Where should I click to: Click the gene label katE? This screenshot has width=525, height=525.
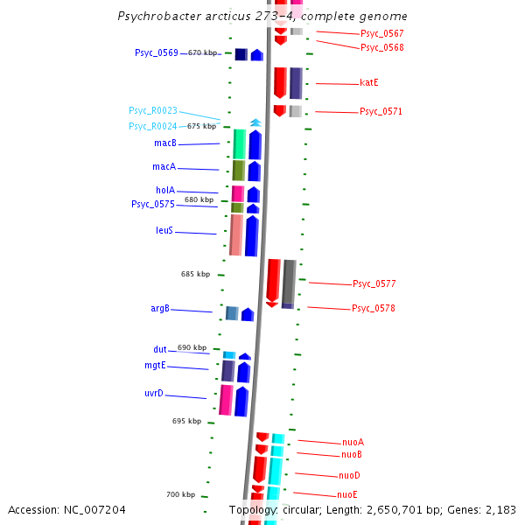point(368,82)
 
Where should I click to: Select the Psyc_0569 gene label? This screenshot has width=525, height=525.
point(156,52)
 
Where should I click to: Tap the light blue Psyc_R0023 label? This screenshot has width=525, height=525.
point(152,110)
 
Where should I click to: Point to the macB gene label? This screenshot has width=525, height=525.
point(164,143)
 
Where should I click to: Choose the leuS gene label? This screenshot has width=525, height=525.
point(164,231)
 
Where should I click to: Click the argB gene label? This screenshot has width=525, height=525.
point(160,308)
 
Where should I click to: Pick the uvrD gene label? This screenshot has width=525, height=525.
point(154,394)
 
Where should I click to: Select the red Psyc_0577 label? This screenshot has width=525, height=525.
point(374,283)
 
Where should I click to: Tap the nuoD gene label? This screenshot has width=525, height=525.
point(349,475)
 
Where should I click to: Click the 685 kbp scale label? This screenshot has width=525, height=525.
point(195,274)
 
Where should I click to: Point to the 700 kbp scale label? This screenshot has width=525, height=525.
point(180,494)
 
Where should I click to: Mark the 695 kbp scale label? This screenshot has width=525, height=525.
point(186,421)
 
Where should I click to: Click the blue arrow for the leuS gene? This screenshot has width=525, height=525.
point(252,234)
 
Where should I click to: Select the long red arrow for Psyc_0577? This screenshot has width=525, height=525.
point(273,281)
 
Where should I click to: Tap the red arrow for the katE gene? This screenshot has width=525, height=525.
point(280,82)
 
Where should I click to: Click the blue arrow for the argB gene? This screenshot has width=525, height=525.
point(248,314)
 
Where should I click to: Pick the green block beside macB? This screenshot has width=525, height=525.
point(240,143)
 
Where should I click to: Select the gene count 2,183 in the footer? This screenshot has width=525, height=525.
point(499,509)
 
